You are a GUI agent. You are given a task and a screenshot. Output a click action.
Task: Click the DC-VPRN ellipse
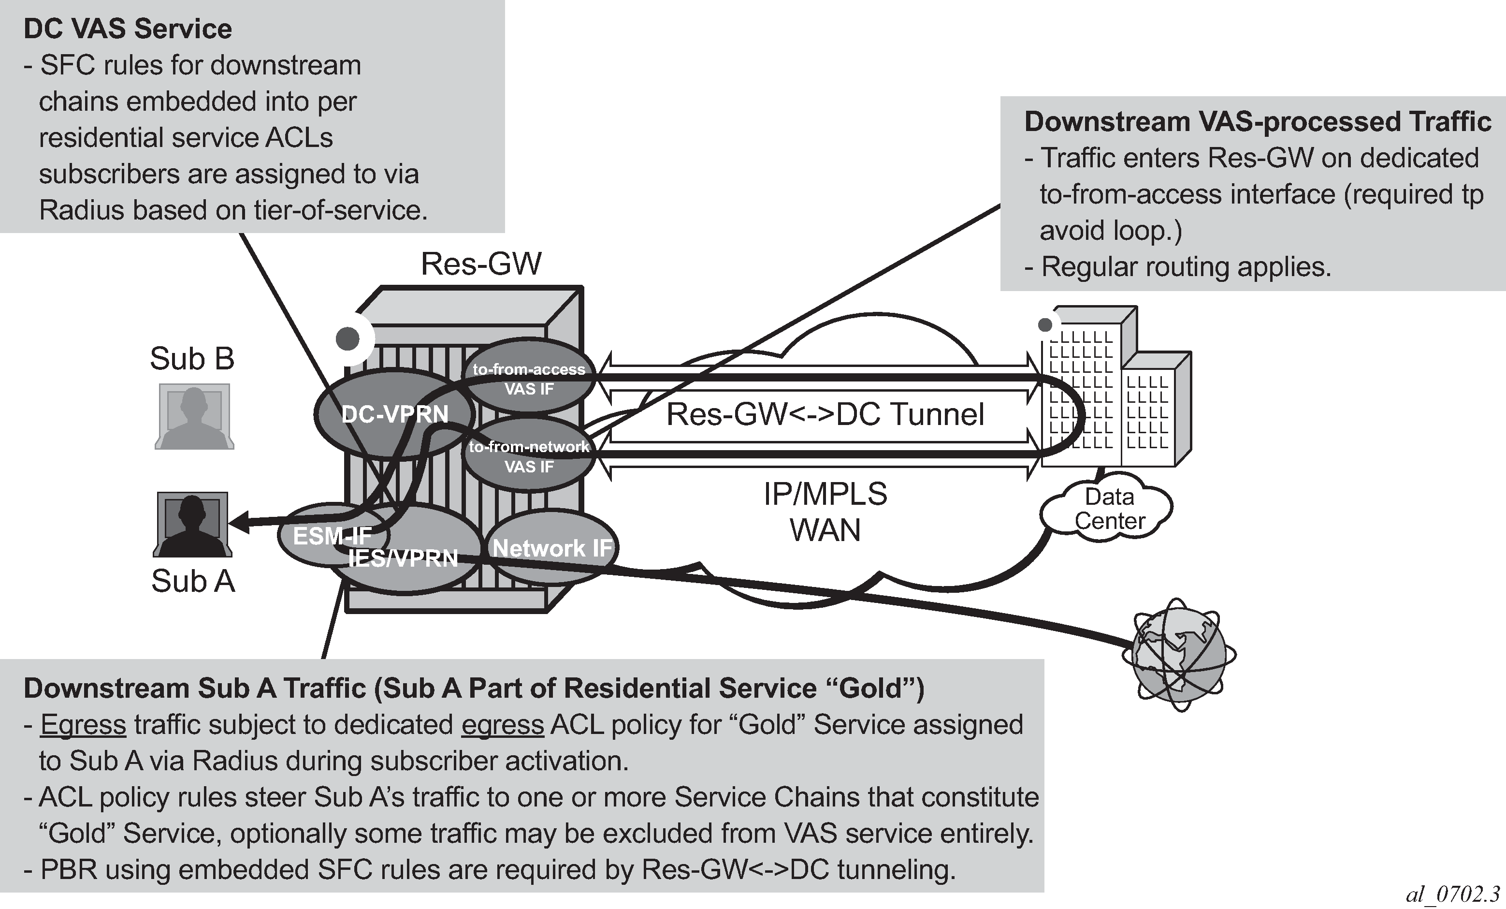coord(394,414)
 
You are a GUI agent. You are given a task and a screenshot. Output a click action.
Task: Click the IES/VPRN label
coord(404,558)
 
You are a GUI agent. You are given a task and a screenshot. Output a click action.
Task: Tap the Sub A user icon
coord(192,525)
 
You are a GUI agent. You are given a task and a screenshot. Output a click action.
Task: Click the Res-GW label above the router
coord(481,264)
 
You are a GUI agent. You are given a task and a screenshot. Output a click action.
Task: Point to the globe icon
coord(1179,655)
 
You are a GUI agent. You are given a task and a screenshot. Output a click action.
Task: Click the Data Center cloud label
coord(1109,509)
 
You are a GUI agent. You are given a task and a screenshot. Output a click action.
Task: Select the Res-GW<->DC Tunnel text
coord(825,414)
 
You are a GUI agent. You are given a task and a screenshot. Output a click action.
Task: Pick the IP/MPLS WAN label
coord(825,512)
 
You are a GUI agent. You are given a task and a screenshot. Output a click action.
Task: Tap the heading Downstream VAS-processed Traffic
coord(1257,122)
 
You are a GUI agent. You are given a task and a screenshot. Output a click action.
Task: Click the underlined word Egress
coord(83,724)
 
